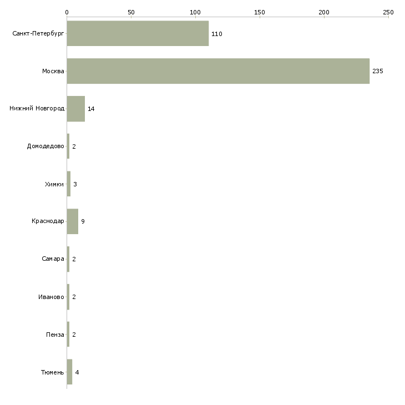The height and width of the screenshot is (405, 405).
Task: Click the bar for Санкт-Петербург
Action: click(x=138, y=33)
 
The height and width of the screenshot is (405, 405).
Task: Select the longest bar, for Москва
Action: click(x=218, y=71)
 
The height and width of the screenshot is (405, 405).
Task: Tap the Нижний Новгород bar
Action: click(x=76, y=109)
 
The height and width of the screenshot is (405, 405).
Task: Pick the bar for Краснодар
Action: click(x=73, y=221)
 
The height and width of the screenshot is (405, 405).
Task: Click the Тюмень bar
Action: click(x=69, y=372)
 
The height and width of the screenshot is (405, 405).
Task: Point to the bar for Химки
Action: click(x=69, y=184)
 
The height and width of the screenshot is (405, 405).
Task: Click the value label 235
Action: click(x=378, y=71)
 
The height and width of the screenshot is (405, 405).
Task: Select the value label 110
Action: click(x=217, y=34)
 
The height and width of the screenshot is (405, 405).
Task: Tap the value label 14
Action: click(x=91, y=109)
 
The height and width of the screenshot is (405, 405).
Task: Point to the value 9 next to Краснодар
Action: click(x=83, y=221)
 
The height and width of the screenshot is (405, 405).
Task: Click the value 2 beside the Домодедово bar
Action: click(x=74, y=146)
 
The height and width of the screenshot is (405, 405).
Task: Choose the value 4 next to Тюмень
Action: click(x=77, y=372)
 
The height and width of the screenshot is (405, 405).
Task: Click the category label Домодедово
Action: click(x=45, y=146)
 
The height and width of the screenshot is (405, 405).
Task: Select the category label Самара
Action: click(x=53, y=259)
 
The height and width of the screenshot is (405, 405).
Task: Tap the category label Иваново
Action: click(x=51, y=297)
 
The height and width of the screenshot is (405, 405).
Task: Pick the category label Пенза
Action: click(x=55, y=335)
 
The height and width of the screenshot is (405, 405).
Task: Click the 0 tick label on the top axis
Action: click(x=67, y=12)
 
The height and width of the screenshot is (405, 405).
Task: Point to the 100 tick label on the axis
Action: click(x=195, y=12)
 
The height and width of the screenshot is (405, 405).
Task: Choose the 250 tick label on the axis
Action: click(x=388, y=12)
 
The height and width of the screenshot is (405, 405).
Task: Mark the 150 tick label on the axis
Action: click(x=260, y=12)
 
